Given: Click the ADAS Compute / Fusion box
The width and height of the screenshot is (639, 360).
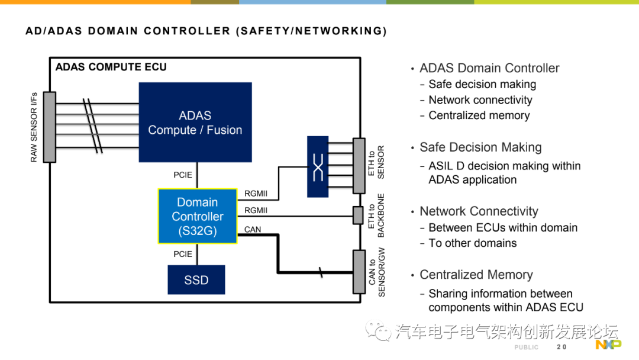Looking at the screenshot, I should click(x=195, y=122).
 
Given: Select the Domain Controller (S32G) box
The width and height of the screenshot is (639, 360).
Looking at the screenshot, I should click(x=198, y=217).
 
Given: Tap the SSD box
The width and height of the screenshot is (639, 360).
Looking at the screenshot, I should click(x=196, y=280).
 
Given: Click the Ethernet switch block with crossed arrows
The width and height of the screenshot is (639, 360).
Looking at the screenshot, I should click(x=318, y=166).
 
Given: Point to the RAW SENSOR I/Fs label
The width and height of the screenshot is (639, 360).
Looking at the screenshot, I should click(x=34, y=127).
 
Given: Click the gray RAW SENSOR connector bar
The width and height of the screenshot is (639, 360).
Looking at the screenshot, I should click(x=50, y=127).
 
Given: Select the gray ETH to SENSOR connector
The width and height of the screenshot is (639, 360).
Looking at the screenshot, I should click(x=359, y=165).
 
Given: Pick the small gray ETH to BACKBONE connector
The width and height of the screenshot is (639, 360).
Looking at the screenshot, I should click(x=358, y=216).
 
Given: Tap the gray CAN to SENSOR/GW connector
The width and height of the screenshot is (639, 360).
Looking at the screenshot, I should click(x=359, y=272).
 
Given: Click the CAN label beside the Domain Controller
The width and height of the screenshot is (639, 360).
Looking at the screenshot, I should click(x=253, y=230).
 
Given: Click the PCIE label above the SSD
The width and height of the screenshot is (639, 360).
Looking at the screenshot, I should click(x=183, y=254).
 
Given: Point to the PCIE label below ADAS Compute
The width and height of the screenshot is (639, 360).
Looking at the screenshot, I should click(x=183, y=175).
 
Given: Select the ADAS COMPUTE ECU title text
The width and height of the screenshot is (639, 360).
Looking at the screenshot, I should click(x=111, y=67).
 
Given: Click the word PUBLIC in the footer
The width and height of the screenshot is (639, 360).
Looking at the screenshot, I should click(x=527, y=347).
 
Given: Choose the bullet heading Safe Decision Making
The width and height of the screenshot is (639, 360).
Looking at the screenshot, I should click(x=480, y=147).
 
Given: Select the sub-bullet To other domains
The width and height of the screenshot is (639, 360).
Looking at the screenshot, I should click(x=472, y=243).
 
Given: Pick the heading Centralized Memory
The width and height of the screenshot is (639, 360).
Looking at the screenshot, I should click(x=476, y=275).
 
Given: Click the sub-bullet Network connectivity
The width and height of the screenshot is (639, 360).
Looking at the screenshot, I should click(x=480, y=100).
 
